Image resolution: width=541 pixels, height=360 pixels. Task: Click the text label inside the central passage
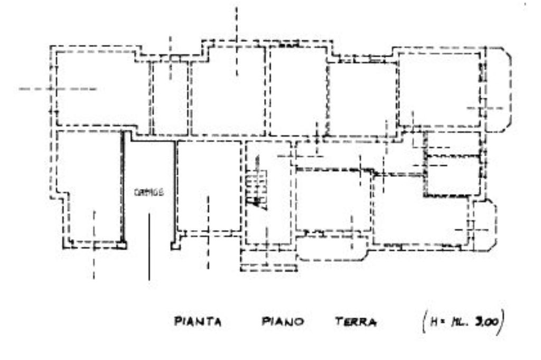(149, 193)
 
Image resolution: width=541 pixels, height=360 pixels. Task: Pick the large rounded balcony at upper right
(497, 90)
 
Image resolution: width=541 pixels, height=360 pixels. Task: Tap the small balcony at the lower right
(484, 224)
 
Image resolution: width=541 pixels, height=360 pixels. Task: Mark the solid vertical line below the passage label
(149, 245)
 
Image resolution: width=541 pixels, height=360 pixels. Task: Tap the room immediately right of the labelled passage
(209, 185)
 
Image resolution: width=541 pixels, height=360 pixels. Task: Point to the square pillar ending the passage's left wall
(123, 245)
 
